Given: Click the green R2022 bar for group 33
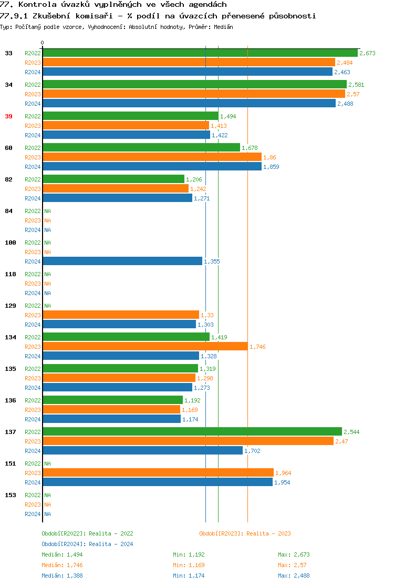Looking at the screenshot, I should pyautogui.click(x=200, y=53).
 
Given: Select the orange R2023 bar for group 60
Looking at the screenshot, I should pyautogui.click(x=152, y=157).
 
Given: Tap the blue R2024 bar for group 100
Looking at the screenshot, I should pyautogui.click(x=122, y=261).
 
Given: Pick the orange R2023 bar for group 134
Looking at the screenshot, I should pyautogui.click(x=145, y=347).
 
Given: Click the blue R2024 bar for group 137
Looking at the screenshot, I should pyautogui.click(x=142, y=451).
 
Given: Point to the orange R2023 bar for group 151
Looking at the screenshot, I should pyautogui.click(x=158, y=473).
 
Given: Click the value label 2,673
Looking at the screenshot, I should pyautogui.click(x=367, y=53).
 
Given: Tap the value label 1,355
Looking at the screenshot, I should pyautogui.click(x=211, y=261).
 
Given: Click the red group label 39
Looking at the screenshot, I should pyautogui.click(x=8, y=116).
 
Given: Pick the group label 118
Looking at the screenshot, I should pyautogui.click(x=11, y=274).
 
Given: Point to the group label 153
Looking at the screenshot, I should pyautogui.click(x=11, y=495).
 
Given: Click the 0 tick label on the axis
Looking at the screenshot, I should pyautogui.click(x=43, y=43).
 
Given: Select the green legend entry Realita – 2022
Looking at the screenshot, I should pyautogui.click(x=87, y=533).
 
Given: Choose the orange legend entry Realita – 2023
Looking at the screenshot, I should pyautogui.click(x=245, y=533).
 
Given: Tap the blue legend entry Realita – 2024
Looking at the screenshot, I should pyautogui.click(x=87, y=544).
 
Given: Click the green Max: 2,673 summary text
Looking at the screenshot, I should pyautogui.click(x=295, y=554).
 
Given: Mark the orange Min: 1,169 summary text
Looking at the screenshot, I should pyautogui.click(x=189, y=565).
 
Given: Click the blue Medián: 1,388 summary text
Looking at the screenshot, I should pyautogui.click(x=62, y=576).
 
